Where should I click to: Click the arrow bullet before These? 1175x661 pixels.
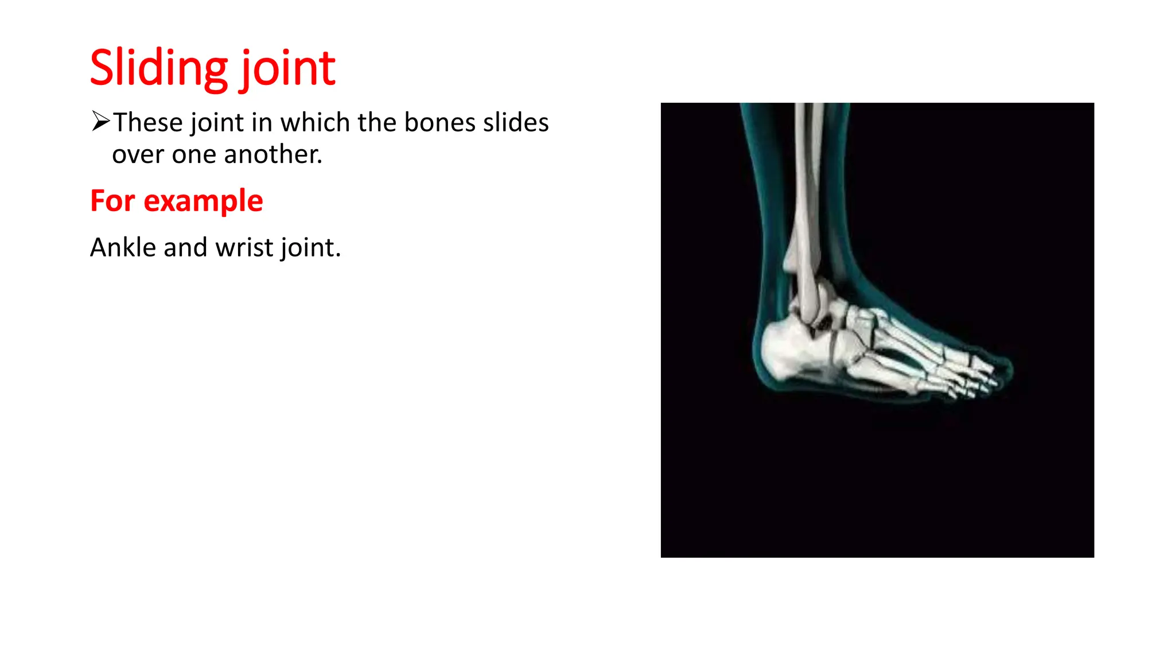click(x=100, y=121)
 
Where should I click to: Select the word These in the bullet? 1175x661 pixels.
click(x=148, y=122)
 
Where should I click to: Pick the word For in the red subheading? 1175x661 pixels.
click(x=113, y=201)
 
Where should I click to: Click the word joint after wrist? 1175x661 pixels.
click(x=310, y=248)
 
